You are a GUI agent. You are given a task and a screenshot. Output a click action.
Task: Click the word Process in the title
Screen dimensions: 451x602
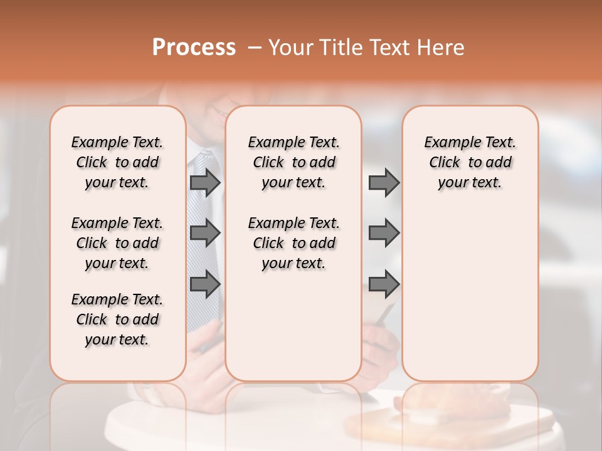coord(194,48)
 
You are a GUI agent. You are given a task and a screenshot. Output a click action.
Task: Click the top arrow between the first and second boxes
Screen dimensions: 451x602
coord(205,182)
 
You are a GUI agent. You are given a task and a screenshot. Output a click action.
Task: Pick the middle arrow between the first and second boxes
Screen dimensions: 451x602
coord(205,233)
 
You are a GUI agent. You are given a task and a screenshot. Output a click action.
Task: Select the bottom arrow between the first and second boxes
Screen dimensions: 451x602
coord(205,284)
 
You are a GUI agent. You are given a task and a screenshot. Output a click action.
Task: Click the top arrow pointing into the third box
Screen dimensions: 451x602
coord(384,182)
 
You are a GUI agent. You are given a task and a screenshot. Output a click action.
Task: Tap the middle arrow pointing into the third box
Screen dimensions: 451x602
coord(384,233)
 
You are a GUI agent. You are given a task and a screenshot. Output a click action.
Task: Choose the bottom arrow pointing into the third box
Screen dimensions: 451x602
coord(384,284)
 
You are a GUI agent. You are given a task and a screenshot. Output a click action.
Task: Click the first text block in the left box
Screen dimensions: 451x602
coord(117,162)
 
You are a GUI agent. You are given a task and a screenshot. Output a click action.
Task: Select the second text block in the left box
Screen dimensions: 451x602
coord(117,243)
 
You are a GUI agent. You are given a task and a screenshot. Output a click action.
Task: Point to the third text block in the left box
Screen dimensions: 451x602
coord(117,319)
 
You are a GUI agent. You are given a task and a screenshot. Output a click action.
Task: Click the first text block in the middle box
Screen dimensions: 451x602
coord(293,162)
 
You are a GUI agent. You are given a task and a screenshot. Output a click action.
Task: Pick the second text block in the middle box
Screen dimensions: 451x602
coord(293,243)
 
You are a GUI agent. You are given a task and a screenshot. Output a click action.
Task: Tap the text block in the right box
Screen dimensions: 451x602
coord(470,162)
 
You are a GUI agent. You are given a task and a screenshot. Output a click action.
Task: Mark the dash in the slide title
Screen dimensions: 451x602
coord(255,48)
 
